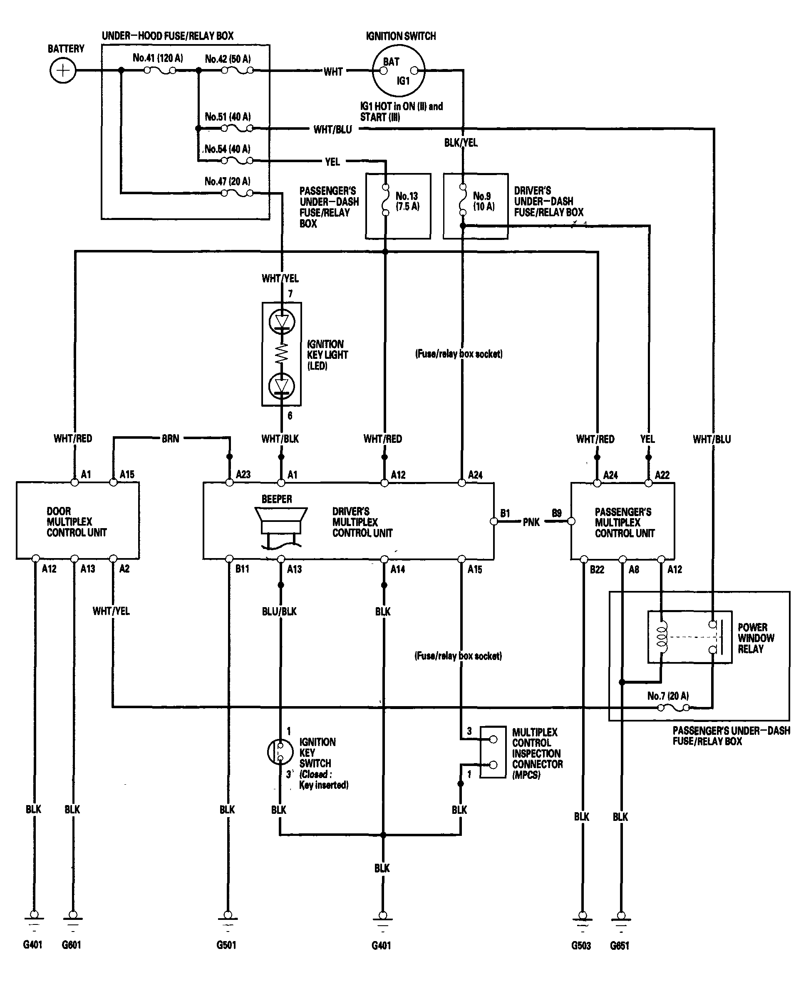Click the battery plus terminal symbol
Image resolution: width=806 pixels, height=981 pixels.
click(63, 71)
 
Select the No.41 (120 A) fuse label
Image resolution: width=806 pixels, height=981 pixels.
click(158, 58)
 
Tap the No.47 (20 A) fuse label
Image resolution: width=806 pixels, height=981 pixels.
click(228, 181)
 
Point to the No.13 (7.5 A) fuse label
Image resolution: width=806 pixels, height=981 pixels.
click(407, 201)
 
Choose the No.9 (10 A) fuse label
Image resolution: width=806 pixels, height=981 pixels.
click(484, 201)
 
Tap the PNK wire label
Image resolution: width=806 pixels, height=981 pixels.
click(531, 522)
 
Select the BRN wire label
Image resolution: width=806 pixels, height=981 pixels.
click(170, 439)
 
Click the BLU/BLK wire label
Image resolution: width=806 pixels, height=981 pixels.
click(279, 611)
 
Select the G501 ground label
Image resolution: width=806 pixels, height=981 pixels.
click(227, 945)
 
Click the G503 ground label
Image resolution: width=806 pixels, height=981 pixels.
click(581, 945)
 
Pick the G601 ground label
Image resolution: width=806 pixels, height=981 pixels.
click(72, 945)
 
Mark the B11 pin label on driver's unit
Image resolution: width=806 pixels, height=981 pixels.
click(242, 569)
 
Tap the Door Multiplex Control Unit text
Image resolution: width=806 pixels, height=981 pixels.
click(77, 521)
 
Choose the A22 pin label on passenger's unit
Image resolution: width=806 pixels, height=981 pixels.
click(662, 475)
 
